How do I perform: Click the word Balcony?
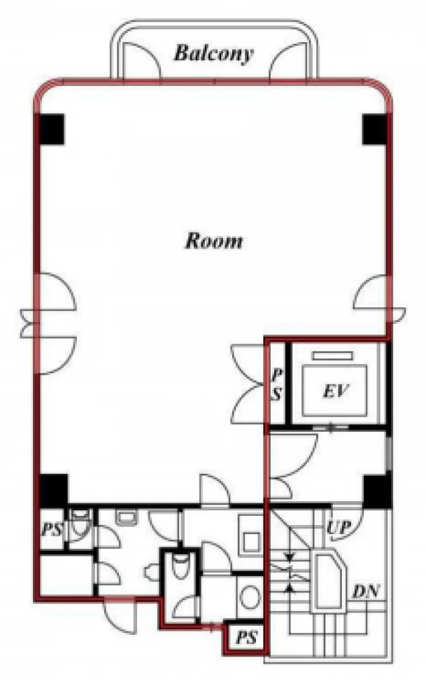213,54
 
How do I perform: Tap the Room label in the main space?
214,241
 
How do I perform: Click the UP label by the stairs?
339,528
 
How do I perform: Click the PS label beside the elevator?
276,384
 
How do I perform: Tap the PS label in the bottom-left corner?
52,530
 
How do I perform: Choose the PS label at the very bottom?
247,638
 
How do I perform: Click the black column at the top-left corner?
52,129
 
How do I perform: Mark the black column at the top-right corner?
375,129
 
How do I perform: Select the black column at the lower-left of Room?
55,491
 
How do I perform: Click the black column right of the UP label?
376,491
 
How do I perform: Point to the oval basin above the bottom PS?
250,596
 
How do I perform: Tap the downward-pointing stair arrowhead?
289,558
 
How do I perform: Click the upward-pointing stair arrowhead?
289,587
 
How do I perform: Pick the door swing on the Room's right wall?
371,298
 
